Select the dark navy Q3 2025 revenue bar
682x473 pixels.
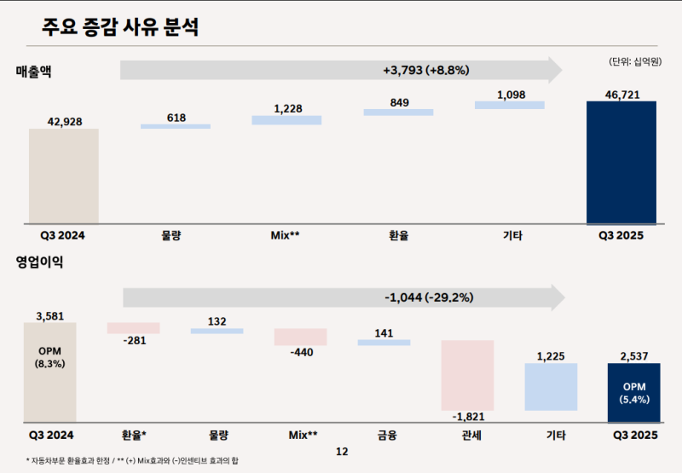coord(621,162)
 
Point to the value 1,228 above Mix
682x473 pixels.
coord(286,108)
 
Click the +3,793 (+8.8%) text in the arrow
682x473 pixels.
coord(341,69)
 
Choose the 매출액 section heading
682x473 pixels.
coord(34,71)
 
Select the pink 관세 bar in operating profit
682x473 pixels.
coord(467,376)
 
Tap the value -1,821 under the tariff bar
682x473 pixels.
coord(468,418)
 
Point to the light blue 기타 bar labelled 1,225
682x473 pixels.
coord(551,387)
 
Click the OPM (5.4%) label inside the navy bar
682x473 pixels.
coord(634,392)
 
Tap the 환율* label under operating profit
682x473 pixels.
coord(135,436)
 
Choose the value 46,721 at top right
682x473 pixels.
coord(622,93)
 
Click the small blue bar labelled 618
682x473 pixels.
coord(176,126)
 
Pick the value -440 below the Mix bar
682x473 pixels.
coord(302,352)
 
